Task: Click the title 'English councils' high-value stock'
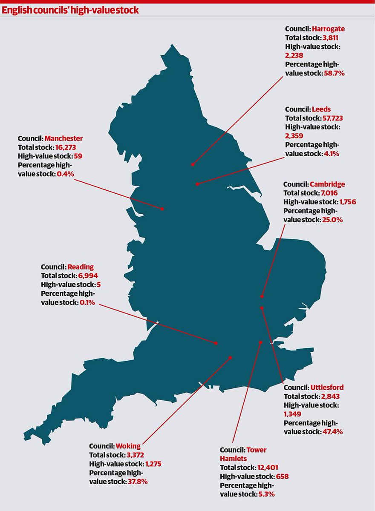(70, 10)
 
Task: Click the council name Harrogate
(328, 29)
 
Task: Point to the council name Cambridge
(327, 184)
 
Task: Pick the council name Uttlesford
(327, 388)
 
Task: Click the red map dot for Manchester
(162, 209)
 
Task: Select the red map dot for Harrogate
(193, 164)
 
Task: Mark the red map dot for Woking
(230, 358)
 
